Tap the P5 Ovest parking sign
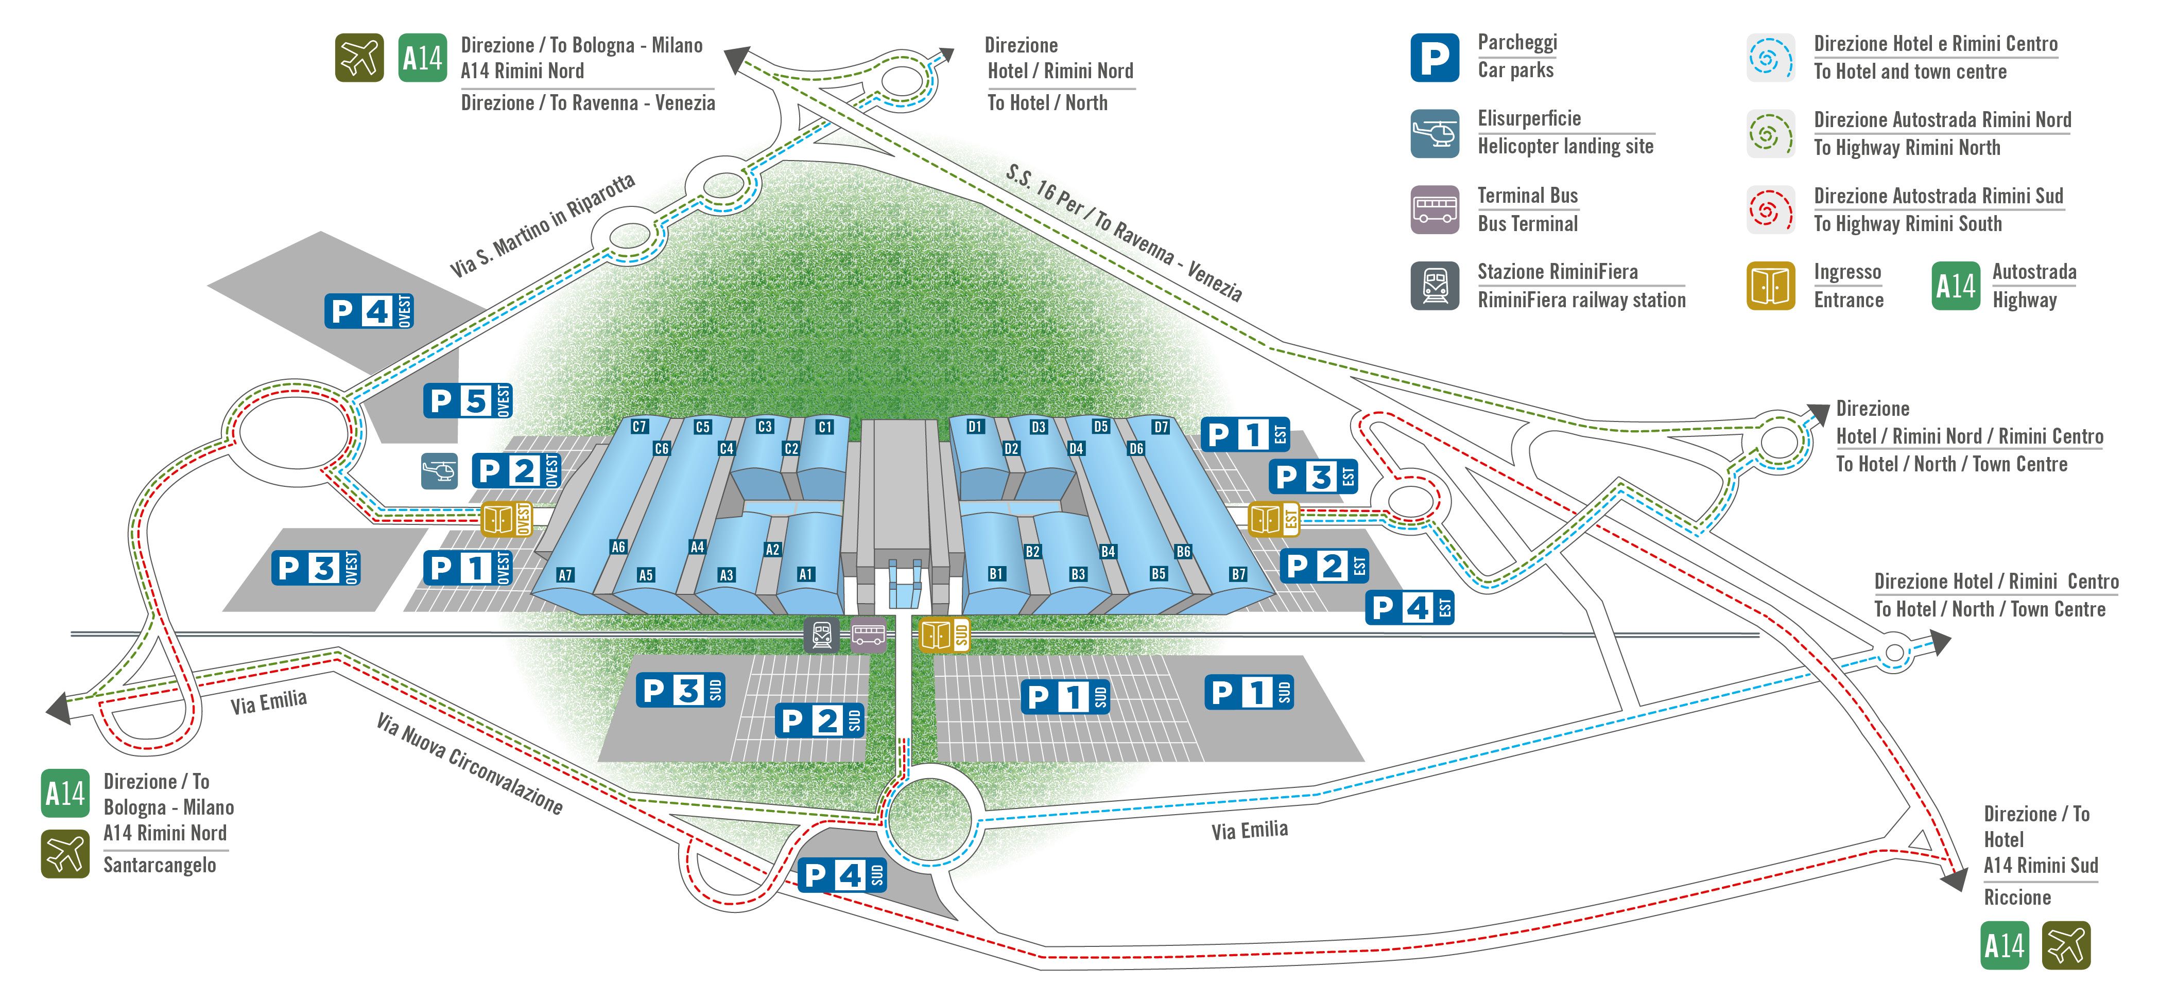(x=468, y=400)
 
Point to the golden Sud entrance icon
(x=944, y=635)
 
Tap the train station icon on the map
(x=821, y=635)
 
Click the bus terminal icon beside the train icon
(x=868, y=635)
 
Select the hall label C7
(x=640, y=427)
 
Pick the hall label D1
(x=975, y=427)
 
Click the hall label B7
(x=1238, y=574)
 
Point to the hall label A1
(x=805, y=574)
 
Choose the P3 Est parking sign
(x=1314, y=477)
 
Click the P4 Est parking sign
(x=1410, y=607)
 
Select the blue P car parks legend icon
(x=1435, y=58)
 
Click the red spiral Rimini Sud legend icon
(x=1771, y=209)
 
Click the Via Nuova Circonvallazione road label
(x=470, y=763)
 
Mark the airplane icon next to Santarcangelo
(x=65, y=854)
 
